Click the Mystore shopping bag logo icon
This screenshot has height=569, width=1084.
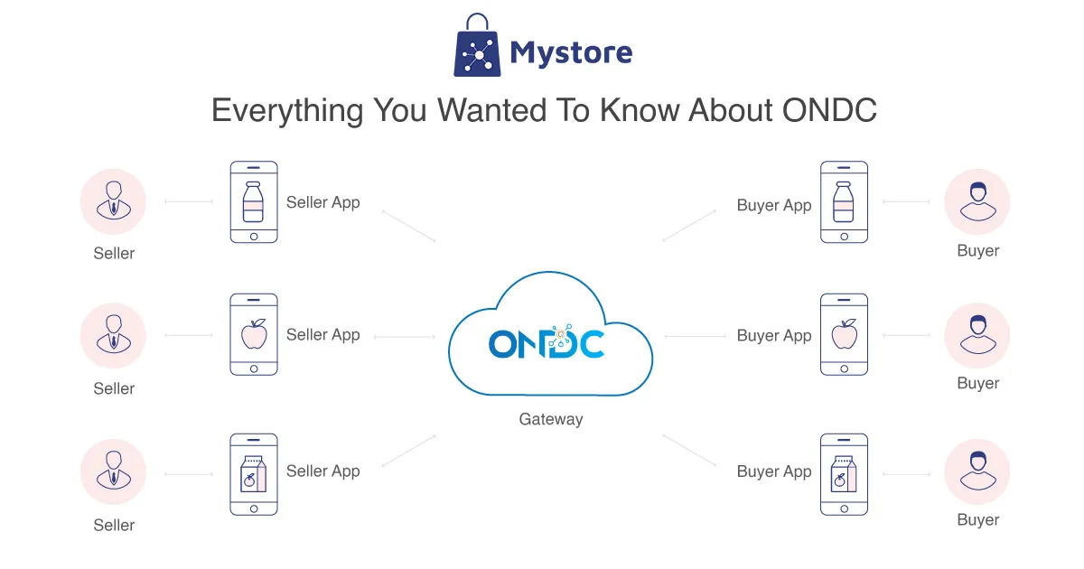(x=476, y=46)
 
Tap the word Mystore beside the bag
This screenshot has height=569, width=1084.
(x=571, y=52)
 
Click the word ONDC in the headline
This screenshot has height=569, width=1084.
(x=828, y=111)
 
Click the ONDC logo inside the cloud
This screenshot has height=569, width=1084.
(x=547, y=343)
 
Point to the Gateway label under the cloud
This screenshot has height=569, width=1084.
(x=550, y=419)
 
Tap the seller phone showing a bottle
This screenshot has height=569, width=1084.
(x=253, y=202)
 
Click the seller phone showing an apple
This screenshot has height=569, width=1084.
(x=253, y=335)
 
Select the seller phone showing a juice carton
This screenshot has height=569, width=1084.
(x=253, y=475)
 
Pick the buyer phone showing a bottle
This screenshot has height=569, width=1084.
(x=844, y=202)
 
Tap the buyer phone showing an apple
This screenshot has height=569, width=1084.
(x=844, y=335)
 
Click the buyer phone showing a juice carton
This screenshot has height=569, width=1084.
(x=844, y=475)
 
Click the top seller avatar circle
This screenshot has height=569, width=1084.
(x=114, y=202)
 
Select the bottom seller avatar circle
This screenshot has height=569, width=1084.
(x=114, y=473)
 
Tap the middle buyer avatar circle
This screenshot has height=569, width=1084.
(x=977, y=336)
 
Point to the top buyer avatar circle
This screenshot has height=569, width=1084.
(x=977, y=202)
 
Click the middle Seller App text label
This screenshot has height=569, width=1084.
(x=322, y=335)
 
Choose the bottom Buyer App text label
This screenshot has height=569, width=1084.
(x=774, y=471)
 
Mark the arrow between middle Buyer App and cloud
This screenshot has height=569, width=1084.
(x=695, y=337)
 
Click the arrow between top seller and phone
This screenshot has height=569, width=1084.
(x=189, y=202)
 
